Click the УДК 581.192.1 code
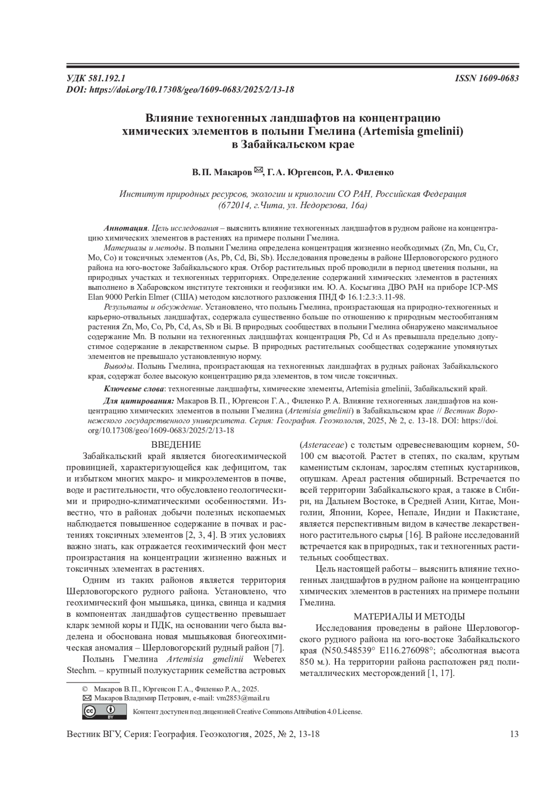point(96,78)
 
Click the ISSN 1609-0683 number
point(487,78)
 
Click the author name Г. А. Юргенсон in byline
point(299,173)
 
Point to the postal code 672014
point(236,205)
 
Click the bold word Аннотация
point(125,229)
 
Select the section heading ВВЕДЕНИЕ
point(177,444)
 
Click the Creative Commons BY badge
point(104,711)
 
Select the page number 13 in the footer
point(514,735)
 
